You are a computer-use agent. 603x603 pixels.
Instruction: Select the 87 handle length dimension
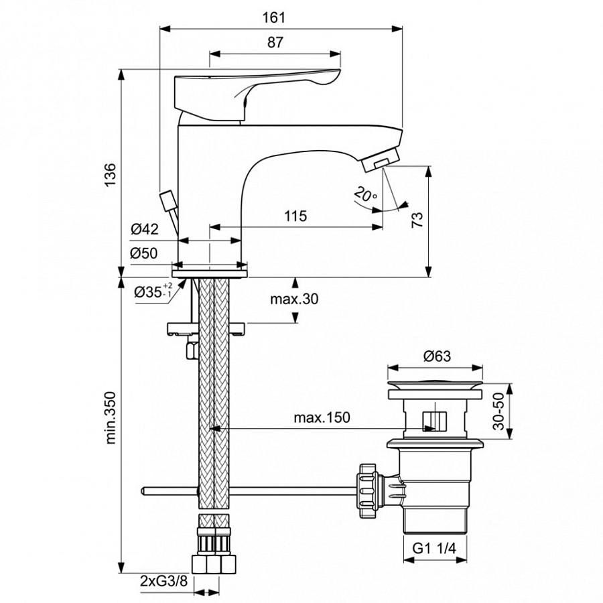[x=275, y=42]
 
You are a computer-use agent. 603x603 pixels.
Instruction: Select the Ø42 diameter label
[x=144, y=229]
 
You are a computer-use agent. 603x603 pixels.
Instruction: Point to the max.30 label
[x=293, y=299]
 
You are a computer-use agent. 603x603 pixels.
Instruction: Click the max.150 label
[x=322, y=418]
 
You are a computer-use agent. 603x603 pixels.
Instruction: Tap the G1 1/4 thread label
[x=434, y=549]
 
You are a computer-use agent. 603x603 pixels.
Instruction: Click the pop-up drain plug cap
[x=436, y=387]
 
